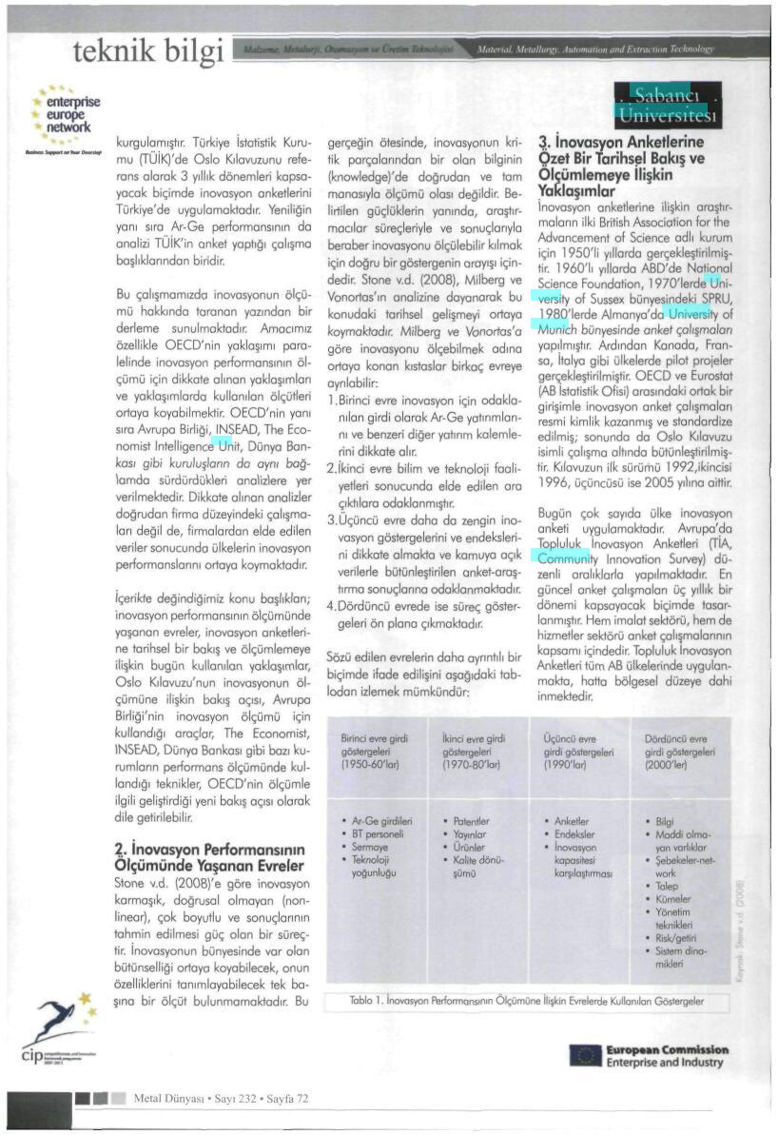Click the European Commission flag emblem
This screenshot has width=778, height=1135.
pos(584,1054)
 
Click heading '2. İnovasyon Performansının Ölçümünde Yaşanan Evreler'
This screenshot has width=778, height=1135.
pos(208,856)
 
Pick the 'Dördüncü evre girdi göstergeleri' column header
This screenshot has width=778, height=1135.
pos(676,752)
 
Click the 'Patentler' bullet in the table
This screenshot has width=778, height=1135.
pos(470,820)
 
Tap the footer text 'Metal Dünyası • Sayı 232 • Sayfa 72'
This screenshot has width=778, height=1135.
pos(221,1097)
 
